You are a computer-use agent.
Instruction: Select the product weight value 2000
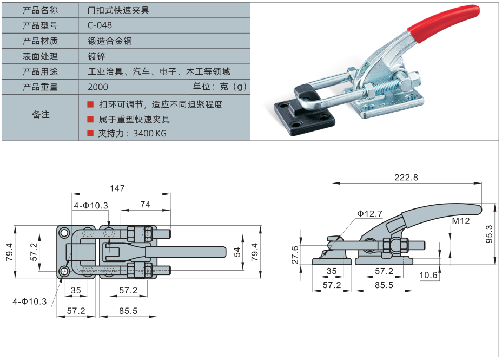[x=97, y=87]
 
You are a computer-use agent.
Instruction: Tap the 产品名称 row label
[x=40, y=10]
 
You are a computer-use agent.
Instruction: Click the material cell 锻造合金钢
[x=110, y=41]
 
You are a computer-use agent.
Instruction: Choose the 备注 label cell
[x=41, y=114]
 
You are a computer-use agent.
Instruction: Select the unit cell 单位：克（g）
[x=220, y=87]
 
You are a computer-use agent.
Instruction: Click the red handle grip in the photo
[x=442, y=24]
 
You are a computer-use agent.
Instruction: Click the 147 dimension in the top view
[x=117, y=188]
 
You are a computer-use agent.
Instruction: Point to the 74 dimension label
[x=145, y=204]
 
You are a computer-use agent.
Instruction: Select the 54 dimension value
[x=237, y=251]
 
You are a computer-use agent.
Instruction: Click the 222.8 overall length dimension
[x=406, y=177]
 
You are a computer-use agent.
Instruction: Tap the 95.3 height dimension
[x=489, y=234]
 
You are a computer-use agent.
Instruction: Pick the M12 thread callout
[x=461, y=221]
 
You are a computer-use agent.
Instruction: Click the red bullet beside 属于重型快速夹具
[x=90, y=119]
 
